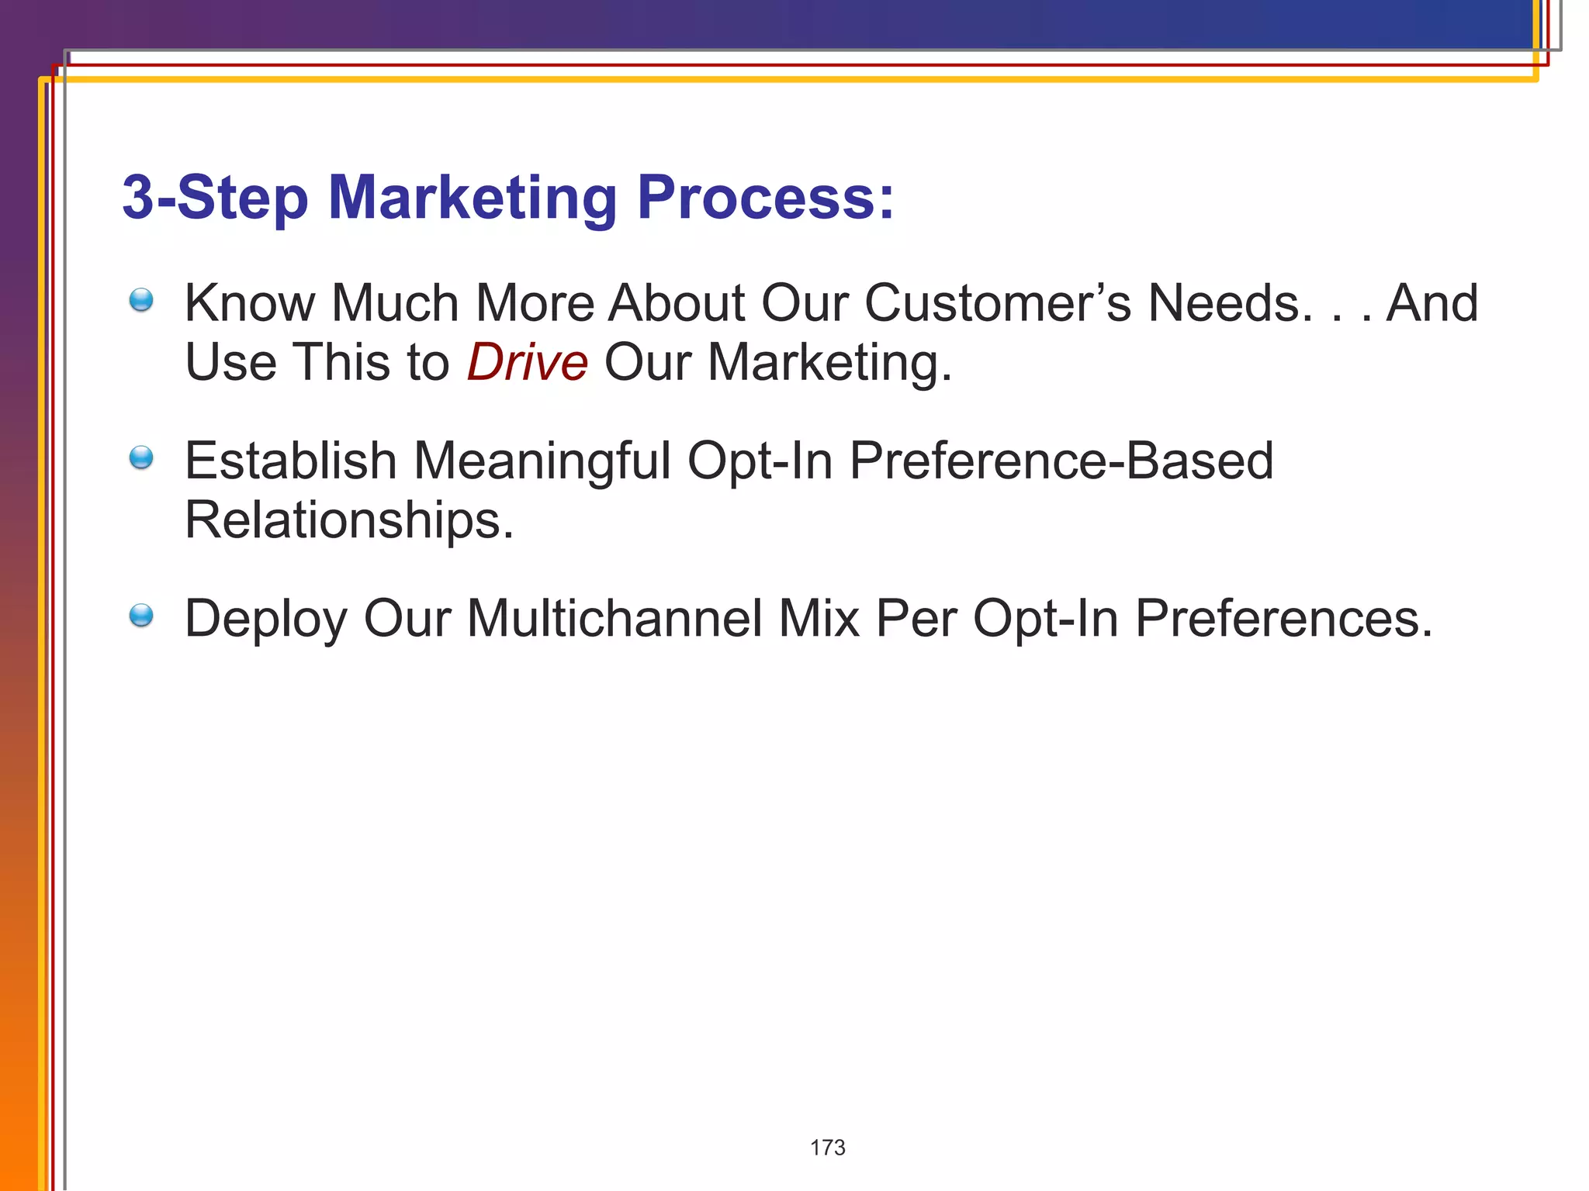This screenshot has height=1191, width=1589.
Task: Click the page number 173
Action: pyautogui.click(x=827, y=1148)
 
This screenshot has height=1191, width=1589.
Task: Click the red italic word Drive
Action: pyautogui.click(x=528, y=362)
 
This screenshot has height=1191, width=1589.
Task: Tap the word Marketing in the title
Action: pyautogui.click(x=473, y=198)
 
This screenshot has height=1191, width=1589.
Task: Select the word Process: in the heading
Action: pyautogui.click(x=765, y=198)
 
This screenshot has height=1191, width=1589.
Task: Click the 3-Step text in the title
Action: pyautogui.click(x=215, y=198)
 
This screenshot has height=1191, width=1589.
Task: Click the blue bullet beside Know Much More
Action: pyautogui.click(x=141, y=300)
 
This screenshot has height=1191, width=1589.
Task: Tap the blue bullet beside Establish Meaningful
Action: pyautogui.click(x=141, y=457)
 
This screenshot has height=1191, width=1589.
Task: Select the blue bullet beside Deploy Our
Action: pyautogui.click(x=141, y=616)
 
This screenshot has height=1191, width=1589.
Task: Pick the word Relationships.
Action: pyautogui.click(x=348, y=520)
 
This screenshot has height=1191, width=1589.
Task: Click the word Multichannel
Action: pyautogui.click(x=614, y=619)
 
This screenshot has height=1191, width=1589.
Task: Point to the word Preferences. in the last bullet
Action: pyautogui.click(x=1283, y=619)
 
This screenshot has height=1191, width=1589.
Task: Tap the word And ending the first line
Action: pyautogui.click(x=1431, y=302)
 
